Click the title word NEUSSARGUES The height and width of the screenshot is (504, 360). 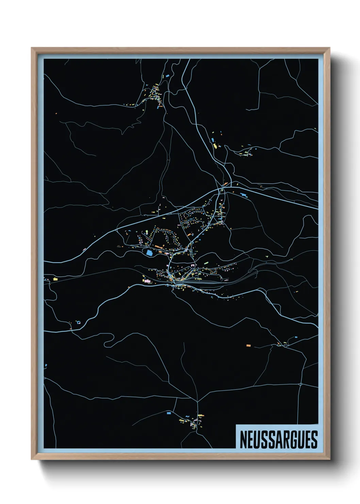pos(278,440)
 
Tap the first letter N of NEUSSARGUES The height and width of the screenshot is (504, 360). pos(244,440)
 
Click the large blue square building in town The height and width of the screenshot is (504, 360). pos(149,253)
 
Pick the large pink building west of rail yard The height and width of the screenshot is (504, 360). pos(147,281)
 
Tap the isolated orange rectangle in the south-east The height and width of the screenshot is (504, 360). pos(248,346)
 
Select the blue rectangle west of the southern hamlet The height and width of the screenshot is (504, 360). pos(168,413)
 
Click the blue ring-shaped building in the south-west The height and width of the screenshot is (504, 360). pos(78,322)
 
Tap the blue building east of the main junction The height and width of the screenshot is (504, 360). pos(243,194)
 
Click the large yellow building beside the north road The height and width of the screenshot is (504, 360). pos(215,146)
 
